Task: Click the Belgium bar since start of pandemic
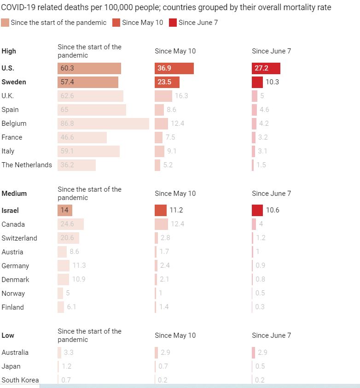coord(103,123)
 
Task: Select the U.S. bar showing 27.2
coord(266,68)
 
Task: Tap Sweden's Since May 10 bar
coord(167,82)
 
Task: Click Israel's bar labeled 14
coord(65,210)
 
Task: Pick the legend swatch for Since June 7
coord(173,23)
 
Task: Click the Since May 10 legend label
coord(142,23)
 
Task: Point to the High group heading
coord(9,51)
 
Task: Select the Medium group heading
coord(14,194)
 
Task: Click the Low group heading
coord(8,335)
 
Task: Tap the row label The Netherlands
coord(27,165)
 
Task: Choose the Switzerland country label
coord(19,238)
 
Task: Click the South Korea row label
coord(20,380)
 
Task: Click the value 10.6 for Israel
coord(273,210)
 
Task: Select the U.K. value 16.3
coord(181,96)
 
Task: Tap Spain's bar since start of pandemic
coord(92,110)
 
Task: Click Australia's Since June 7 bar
coord(253,353)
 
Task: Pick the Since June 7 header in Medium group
coord(271,194)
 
